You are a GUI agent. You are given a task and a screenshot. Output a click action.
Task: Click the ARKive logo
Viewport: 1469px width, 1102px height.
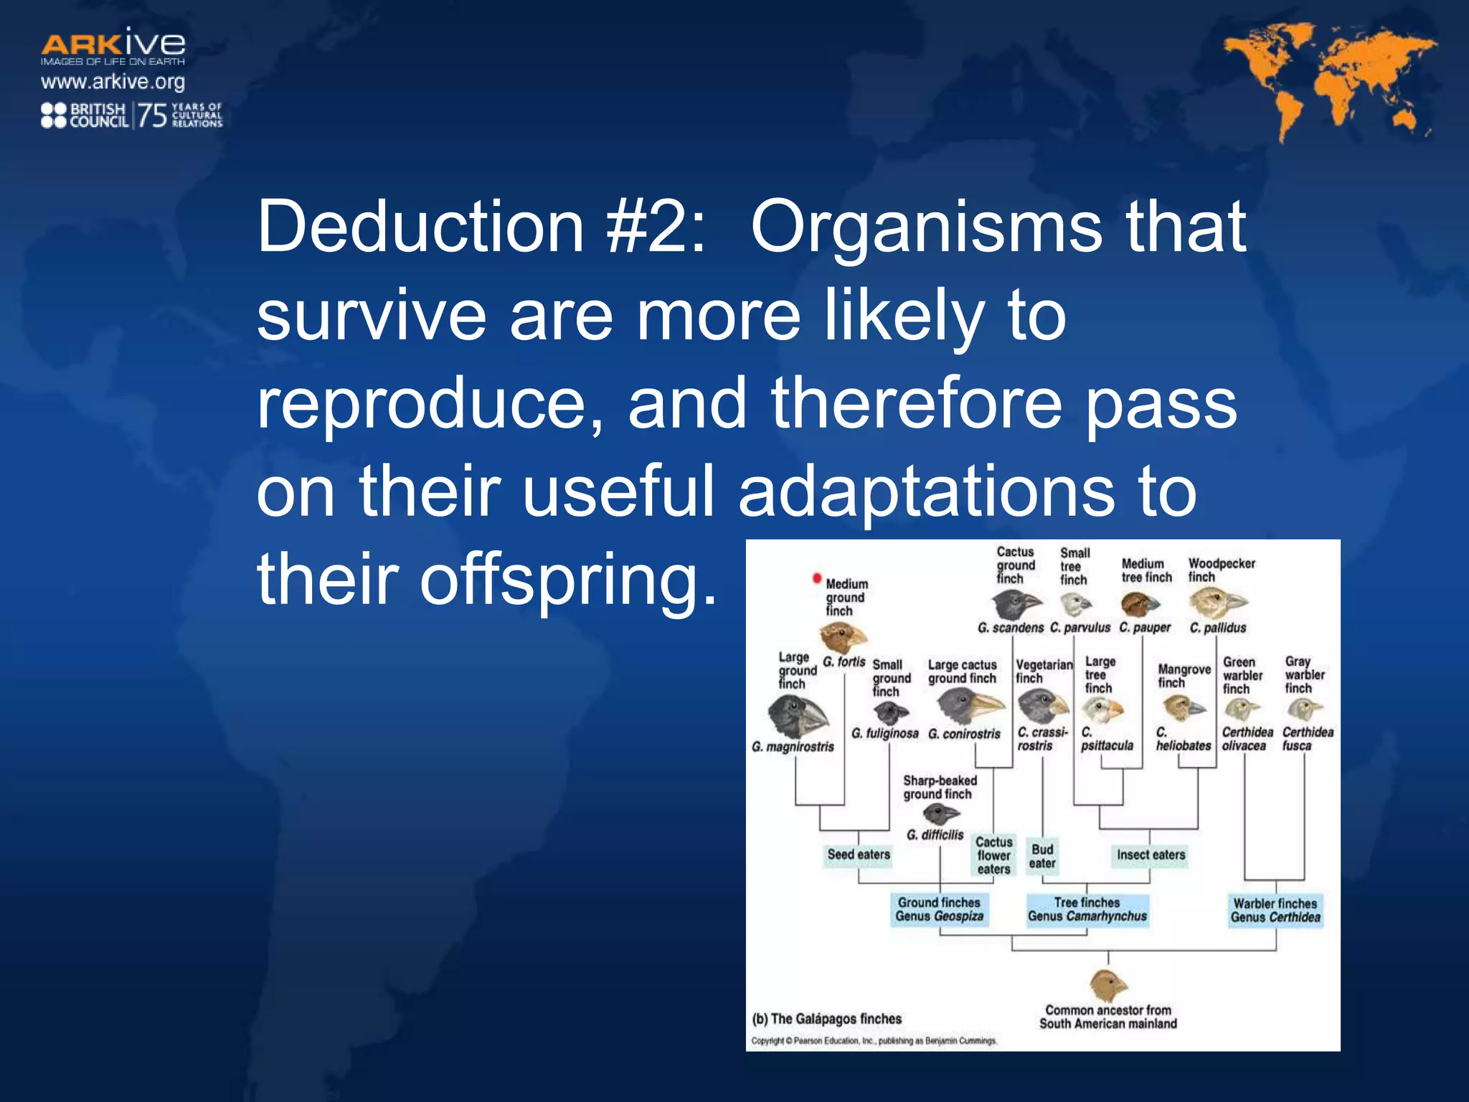pyautogui.click(x=113, y=45)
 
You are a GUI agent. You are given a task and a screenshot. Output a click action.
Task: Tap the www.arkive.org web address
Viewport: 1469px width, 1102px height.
pyautogui.click(x=113, y=82)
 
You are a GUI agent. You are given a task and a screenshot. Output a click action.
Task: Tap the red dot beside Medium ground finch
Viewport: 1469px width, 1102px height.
pyautogui.click(x=816, y=578)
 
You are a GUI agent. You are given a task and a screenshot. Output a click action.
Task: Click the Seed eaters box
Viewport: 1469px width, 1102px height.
pyautogui.click(x=859, y=854)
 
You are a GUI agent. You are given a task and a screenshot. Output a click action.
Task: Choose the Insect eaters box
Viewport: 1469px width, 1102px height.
pyautogui.click(x=1151, y=854)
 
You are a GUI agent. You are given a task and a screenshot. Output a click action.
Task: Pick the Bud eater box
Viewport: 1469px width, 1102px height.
pyautogui.click(x=1042, y=856)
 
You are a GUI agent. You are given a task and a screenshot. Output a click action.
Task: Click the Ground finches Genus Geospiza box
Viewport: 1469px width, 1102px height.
pyautogui.click(x=939, y=910)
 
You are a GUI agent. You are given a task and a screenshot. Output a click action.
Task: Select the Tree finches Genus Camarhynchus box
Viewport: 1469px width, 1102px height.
pyautogui.click(x=1087, y=910)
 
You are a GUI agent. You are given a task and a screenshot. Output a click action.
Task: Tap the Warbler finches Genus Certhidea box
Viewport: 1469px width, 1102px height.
pyautogui.click(x=1275, y=910)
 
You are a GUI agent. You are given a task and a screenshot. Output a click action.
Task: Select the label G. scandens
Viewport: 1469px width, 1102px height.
pyautogui.click(x=1011, y=628)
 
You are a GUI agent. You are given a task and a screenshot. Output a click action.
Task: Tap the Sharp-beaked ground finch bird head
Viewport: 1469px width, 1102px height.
pyautogui.click(x=940, y=814)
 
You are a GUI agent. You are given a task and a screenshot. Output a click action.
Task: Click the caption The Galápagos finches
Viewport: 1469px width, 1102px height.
pyautogui.click(x=827, y=1019)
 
